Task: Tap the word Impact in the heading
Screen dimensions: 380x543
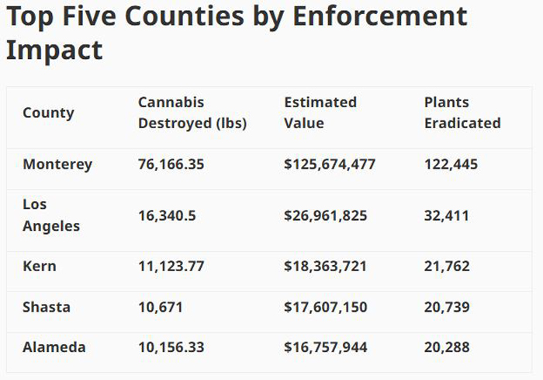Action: [54, 49]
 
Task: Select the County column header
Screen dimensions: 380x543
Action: [48, 113]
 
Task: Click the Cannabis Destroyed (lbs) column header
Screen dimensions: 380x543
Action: [192, 113]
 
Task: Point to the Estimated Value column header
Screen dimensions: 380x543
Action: [320, 113]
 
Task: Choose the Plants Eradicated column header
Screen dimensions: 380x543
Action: [462, 113]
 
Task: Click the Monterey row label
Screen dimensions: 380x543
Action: [57, 164]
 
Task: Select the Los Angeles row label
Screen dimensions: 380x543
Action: [51, 215]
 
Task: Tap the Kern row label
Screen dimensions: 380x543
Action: [40, 266]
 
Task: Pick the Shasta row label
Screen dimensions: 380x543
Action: [47, 307]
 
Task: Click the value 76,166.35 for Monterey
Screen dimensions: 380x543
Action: [171, 164]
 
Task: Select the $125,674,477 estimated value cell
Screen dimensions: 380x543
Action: [330, 164]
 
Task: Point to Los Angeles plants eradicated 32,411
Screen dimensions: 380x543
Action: [447, 215]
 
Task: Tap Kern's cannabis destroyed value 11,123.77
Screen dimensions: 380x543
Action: [171, 266]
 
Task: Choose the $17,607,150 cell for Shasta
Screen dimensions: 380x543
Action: [326, 307]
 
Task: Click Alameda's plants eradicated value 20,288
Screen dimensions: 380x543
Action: [447, 347]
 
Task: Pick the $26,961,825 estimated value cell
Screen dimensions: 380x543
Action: [326, 215]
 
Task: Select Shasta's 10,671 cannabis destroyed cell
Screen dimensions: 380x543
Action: [161, 307]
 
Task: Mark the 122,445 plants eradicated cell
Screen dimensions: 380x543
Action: [451, 164]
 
